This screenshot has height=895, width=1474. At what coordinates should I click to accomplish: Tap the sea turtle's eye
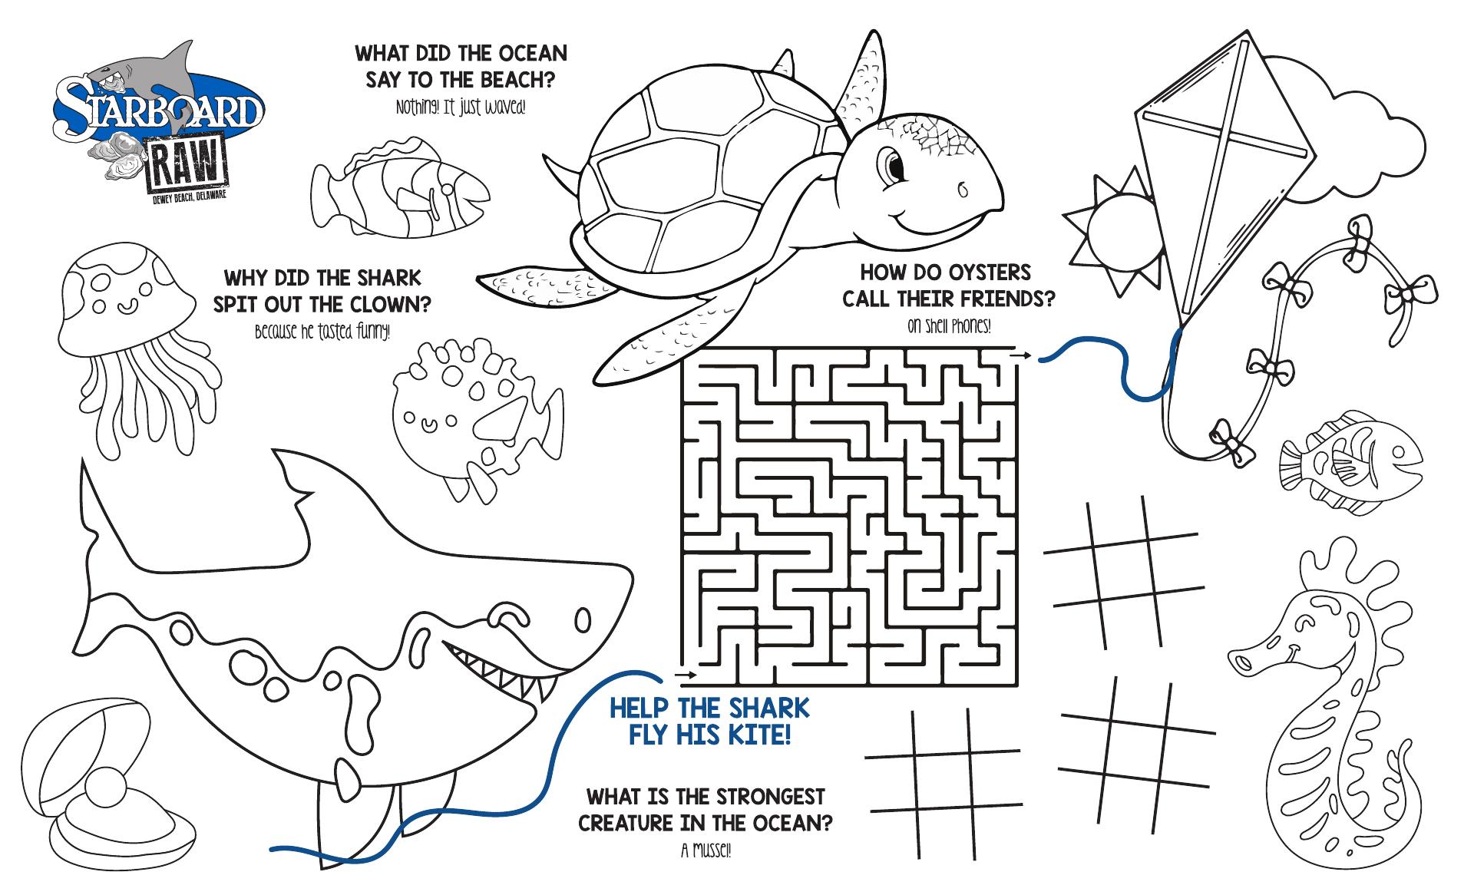click(x=893, y=163)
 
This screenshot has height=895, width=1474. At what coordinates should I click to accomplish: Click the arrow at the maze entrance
click(x=687, y=675)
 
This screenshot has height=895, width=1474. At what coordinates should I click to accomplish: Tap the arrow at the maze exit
click(x=1020, y=355)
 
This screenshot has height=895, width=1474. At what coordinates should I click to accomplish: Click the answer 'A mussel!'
click(x=706, y=850)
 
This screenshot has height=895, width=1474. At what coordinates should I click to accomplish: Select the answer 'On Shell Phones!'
click(x=949, y=326)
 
